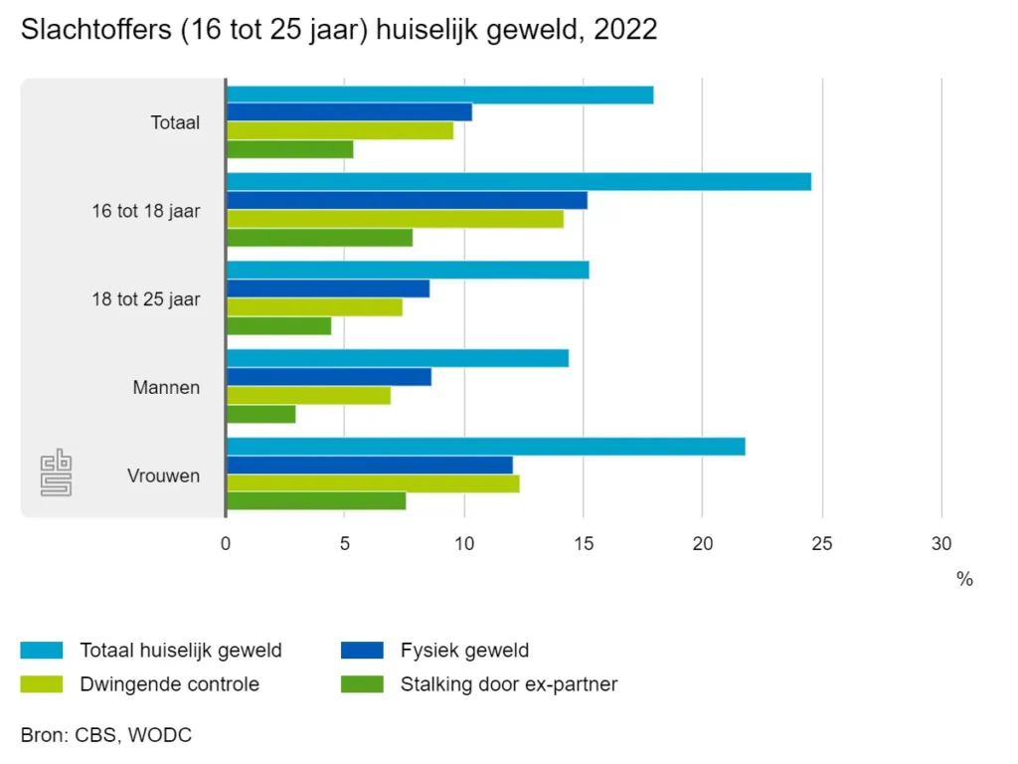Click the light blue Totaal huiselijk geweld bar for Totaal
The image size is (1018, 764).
(439, 95)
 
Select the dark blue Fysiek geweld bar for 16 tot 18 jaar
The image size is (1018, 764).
(407, 200)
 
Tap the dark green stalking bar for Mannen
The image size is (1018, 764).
(260, 414)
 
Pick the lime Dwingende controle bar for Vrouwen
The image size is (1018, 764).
(373, 483)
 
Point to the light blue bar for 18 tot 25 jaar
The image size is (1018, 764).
(408, 270)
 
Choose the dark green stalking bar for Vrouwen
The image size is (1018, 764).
(316, 501)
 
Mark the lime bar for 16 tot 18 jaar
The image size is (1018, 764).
(395, 219)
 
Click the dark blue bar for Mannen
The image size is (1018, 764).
(329, 377)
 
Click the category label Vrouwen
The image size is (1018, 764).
(164, 476)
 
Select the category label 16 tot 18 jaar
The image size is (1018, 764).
(146, 211)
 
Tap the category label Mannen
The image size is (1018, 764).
(166, 387)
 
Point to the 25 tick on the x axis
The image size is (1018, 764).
(822, 544)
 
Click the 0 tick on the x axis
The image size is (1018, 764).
(226, 544)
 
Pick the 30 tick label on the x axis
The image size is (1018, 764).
(941, 544)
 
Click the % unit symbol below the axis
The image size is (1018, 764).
(964, 579)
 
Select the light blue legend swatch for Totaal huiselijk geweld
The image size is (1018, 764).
(42, 651)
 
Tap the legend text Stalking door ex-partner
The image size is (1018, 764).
(509, 684)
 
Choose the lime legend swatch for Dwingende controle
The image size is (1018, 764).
(42, 684)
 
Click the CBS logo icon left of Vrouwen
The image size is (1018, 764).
(56, 475)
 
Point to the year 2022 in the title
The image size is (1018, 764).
(624, 30)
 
